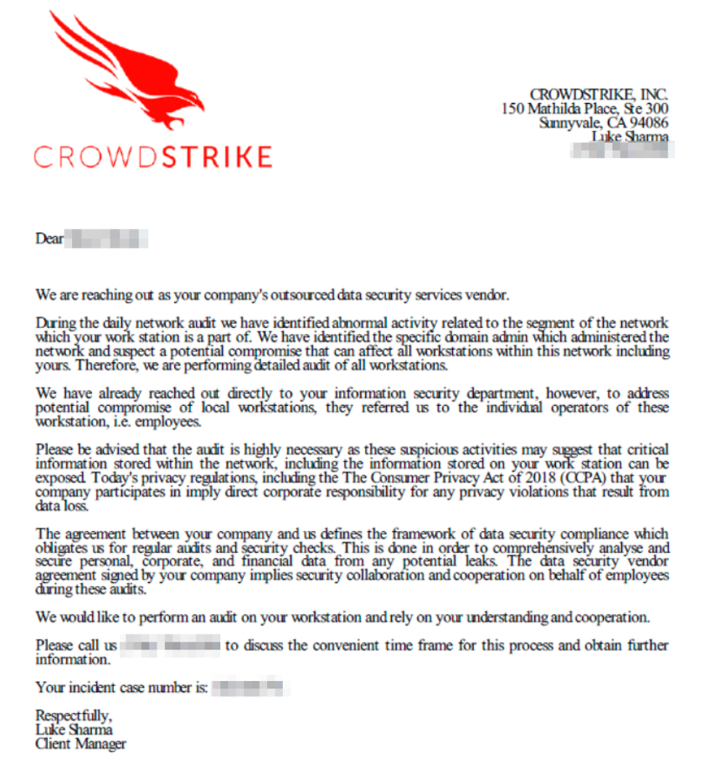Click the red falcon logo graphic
click(x=131, y=73)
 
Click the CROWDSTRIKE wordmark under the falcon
click(x=152, y=157)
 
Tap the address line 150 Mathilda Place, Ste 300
click(x=585, y=109)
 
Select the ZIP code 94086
click(x=649, y=123)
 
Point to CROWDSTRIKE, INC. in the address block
click(x=599, y=94)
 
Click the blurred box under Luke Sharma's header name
click(x=622, y=150)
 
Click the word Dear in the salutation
click(x=49, y=238)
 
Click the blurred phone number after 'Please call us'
click(x=171, y=645)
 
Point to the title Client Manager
click(x=81, y=744)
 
